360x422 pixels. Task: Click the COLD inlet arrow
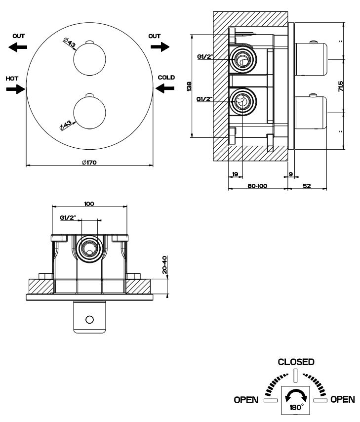click(x=166, y=88)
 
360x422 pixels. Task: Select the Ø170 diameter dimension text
click(x=89, y=162)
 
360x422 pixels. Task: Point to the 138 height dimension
click(x=188, y=86)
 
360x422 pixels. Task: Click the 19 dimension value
click(x=235, y=173)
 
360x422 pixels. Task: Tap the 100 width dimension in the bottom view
click(x=89, y=203)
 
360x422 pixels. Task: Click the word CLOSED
click(x=295, y=362)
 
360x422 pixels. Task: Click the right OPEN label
click(x=342, y=399)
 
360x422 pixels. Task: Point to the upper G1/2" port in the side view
click(x=241, y=60)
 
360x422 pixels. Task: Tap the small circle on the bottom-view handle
click(x=89, y=319)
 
